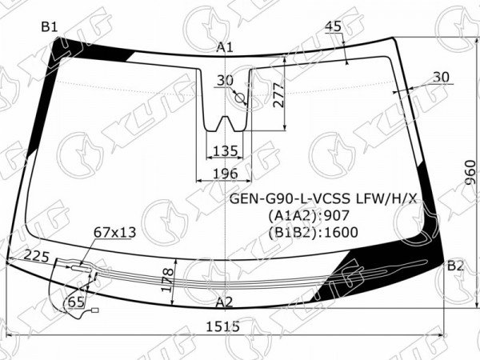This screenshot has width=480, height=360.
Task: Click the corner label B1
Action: point(50,27)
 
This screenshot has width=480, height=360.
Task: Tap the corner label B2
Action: point(455,266)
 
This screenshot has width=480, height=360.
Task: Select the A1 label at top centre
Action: point(225,47)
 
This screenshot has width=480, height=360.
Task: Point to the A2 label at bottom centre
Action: point(224,302)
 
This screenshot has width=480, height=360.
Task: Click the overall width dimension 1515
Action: point(222,326)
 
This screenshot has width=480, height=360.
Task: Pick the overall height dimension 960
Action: point(470,172)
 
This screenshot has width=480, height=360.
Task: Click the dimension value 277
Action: point(279,94)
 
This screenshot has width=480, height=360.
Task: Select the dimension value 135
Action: point(226,151)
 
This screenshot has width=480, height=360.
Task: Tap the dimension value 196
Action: point(226,174)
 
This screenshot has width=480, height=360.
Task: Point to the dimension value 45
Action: point(333,26)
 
